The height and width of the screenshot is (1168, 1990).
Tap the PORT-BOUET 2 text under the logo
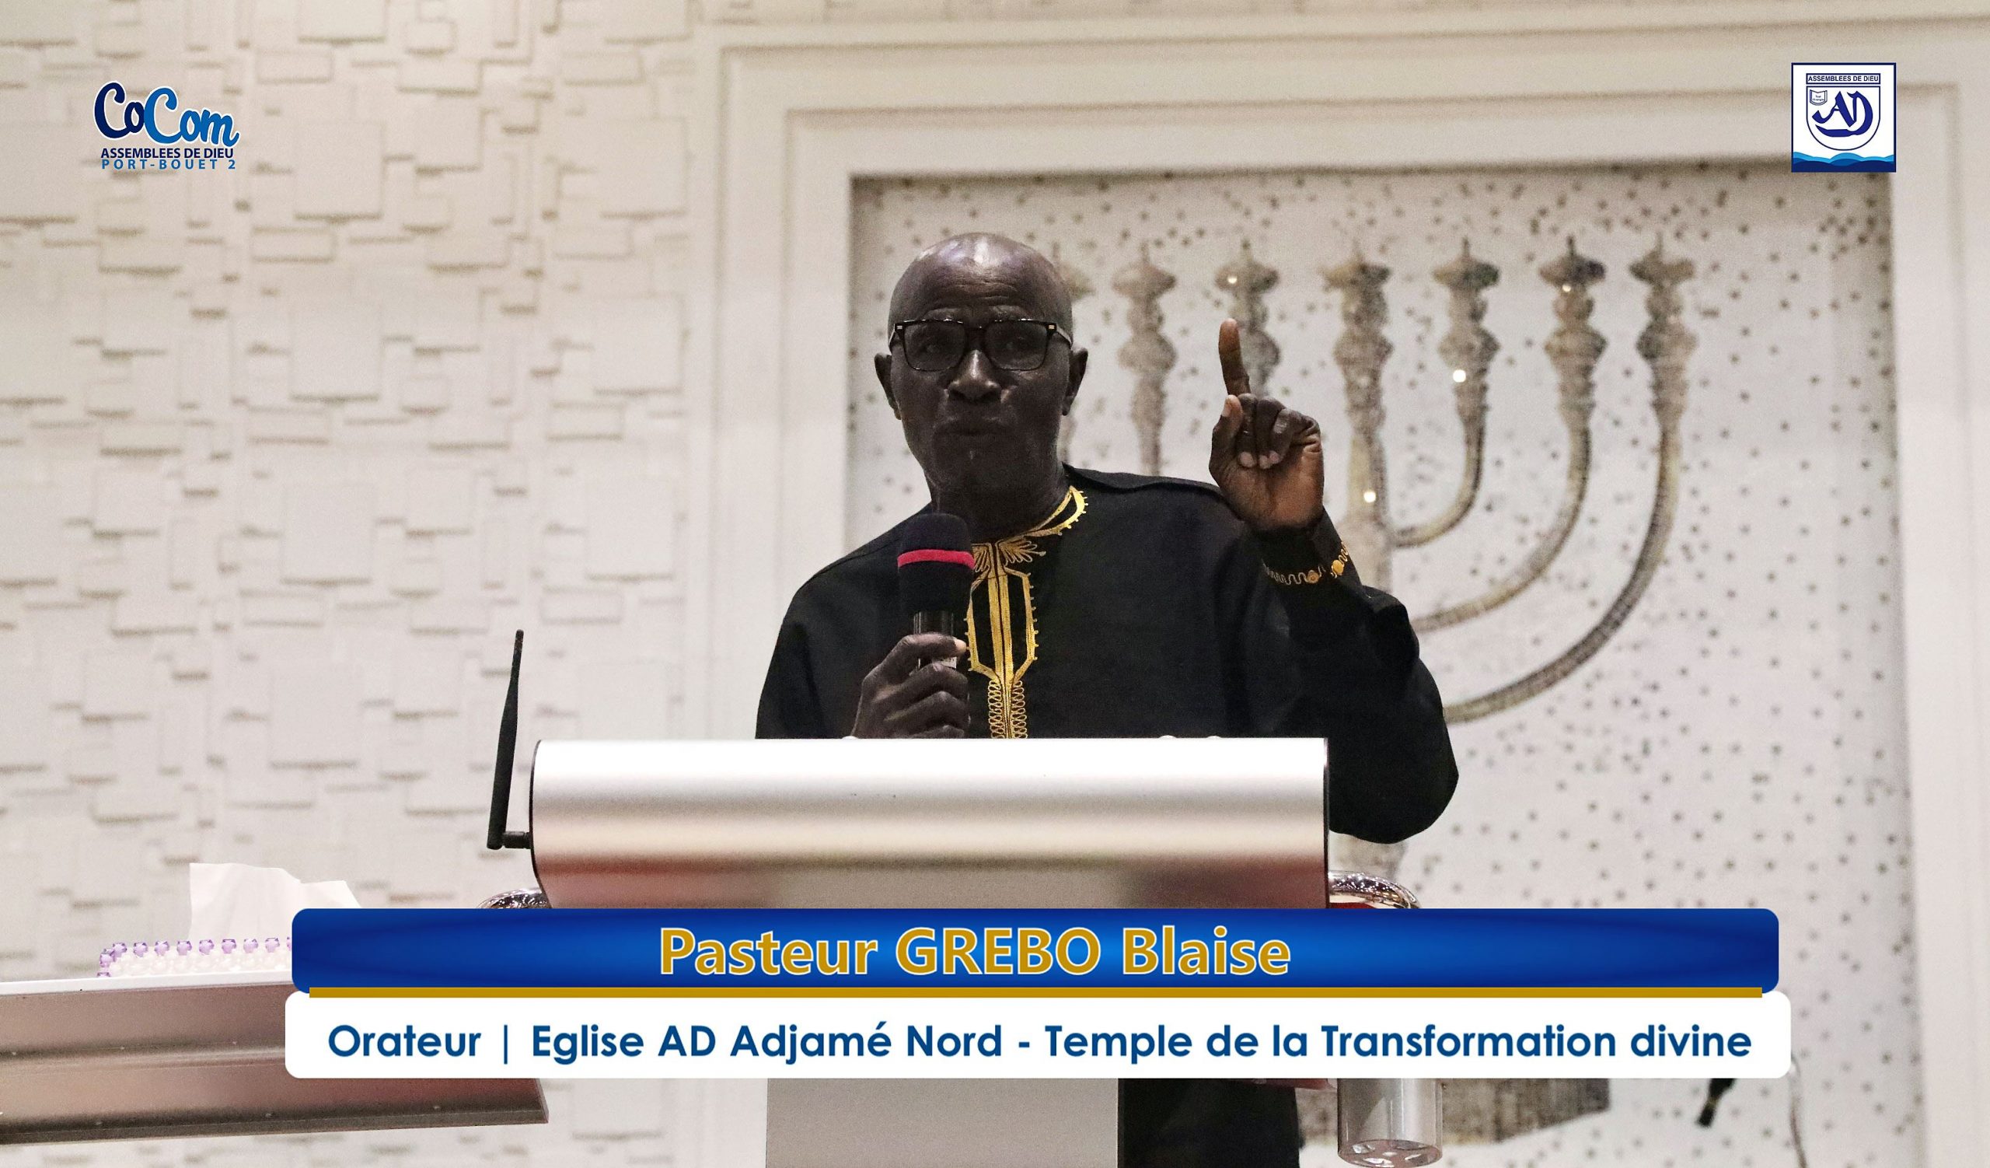169,165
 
